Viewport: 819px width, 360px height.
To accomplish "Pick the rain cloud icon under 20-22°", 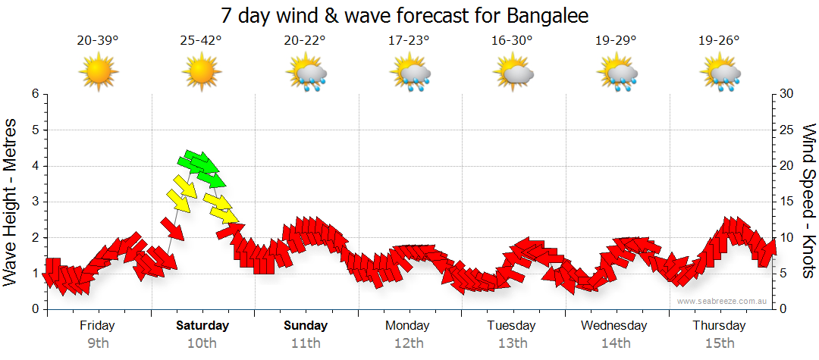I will (x=306, y=74).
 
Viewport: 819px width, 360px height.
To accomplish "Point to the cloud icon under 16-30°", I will (x=512, y=74).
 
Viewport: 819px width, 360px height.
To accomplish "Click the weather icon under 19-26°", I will (x=719, y=74).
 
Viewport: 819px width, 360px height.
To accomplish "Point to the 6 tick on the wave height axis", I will (x=34, y=94).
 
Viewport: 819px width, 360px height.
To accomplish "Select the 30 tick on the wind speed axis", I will (x=787, y=94).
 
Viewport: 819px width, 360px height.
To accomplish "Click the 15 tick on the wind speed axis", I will (x=787, y=202).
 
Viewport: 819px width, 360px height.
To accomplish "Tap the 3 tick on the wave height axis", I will (x=34, y=202).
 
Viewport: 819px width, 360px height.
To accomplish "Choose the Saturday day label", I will (x=202, y=326).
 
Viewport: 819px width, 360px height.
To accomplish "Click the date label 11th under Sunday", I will (x=306, y=343).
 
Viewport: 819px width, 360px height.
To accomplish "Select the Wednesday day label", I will (x=614, y=326).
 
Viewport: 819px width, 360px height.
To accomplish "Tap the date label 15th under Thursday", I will (x=719, y=343).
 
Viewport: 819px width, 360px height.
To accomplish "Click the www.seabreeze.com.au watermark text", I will (x=723, y=301).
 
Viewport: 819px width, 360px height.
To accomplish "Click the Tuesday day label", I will (x=511, y=326).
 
